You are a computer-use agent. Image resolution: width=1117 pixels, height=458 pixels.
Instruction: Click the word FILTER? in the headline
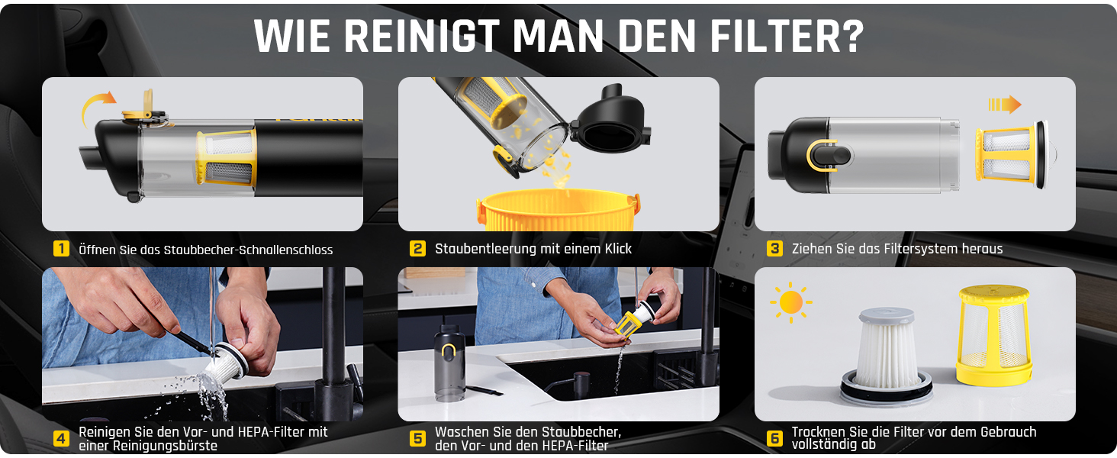point(787,36)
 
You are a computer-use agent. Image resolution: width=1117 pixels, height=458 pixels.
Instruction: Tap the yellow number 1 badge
point(61,248)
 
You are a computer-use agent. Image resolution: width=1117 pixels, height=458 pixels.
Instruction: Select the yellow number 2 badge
point(417,248)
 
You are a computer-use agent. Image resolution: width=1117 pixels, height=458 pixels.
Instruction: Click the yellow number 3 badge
point(774,248)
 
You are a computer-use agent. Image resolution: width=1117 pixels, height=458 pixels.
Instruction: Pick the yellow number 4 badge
point(61,439)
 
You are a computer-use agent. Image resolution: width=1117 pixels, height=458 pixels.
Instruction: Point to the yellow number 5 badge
point(417,439)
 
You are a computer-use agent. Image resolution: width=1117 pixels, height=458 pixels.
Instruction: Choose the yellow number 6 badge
point(774,439)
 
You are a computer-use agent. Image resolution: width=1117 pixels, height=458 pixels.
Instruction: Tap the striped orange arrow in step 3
point(1004,105)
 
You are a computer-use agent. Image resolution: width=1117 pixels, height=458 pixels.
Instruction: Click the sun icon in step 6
point(791,302)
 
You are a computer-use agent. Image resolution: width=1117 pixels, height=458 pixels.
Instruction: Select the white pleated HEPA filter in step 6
point(887,355)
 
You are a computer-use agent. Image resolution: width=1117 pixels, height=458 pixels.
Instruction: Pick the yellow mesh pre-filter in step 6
point(993,335)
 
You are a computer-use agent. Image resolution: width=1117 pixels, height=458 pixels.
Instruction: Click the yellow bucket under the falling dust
point(558,211)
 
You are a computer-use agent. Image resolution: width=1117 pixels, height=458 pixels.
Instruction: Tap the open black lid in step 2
point(611,120)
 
